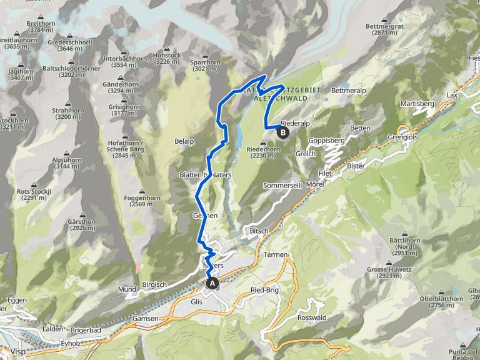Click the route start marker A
tap(212, 284)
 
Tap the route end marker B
tap(282, 132)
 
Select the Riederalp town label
tap(296, 124)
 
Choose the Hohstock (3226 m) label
tap(167, 58)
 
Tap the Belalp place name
tap(184, 141)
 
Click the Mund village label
tap(127, 289)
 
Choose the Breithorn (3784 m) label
tap(39, 26)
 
